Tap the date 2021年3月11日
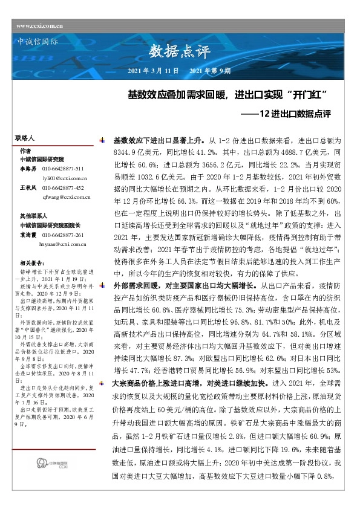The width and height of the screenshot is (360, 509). tap(154, 71)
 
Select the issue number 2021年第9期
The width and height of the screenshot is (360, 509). tap(210, 71)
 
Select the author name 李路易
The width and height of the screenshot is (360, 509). tap(27, 169)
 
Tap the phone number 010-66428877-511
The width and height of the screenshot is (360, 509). tap(62, 169)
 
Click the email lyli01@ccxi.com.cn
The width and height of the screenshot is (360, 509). tap(65, 178)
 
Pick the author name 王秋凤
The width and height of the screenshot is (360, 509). tap(27, 188)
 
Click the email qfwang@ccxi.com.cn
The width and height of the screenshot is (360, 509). tap(67, 197)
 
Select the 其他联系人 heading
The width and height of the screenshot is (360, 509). tap(33, 216)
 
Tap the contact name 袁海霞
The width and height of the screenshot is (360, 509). tap(27, 235)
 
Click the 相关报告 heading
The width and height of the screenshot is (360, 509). tap(32, 263)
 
